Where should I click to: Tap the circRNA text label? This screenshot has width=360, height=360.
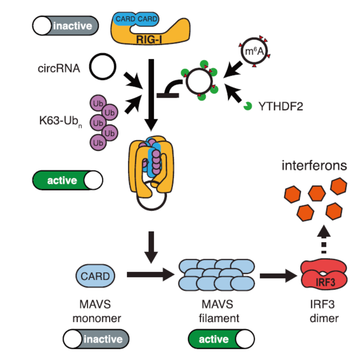tap(59, 68)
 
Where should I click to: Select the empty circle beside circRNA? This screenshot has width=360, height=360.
tap(102, 68)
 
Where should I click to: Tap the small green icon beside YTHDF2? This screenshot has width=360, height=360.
tap(248, 105)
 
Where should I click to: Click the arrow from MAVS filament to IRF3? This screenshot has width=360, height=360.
tap(279, 274)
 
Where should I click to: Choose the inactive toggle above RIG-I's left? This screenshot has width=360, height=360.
tap(65, 26)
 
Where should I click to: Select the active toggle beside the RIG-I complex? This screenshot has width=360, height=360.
tap(68, 180)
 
